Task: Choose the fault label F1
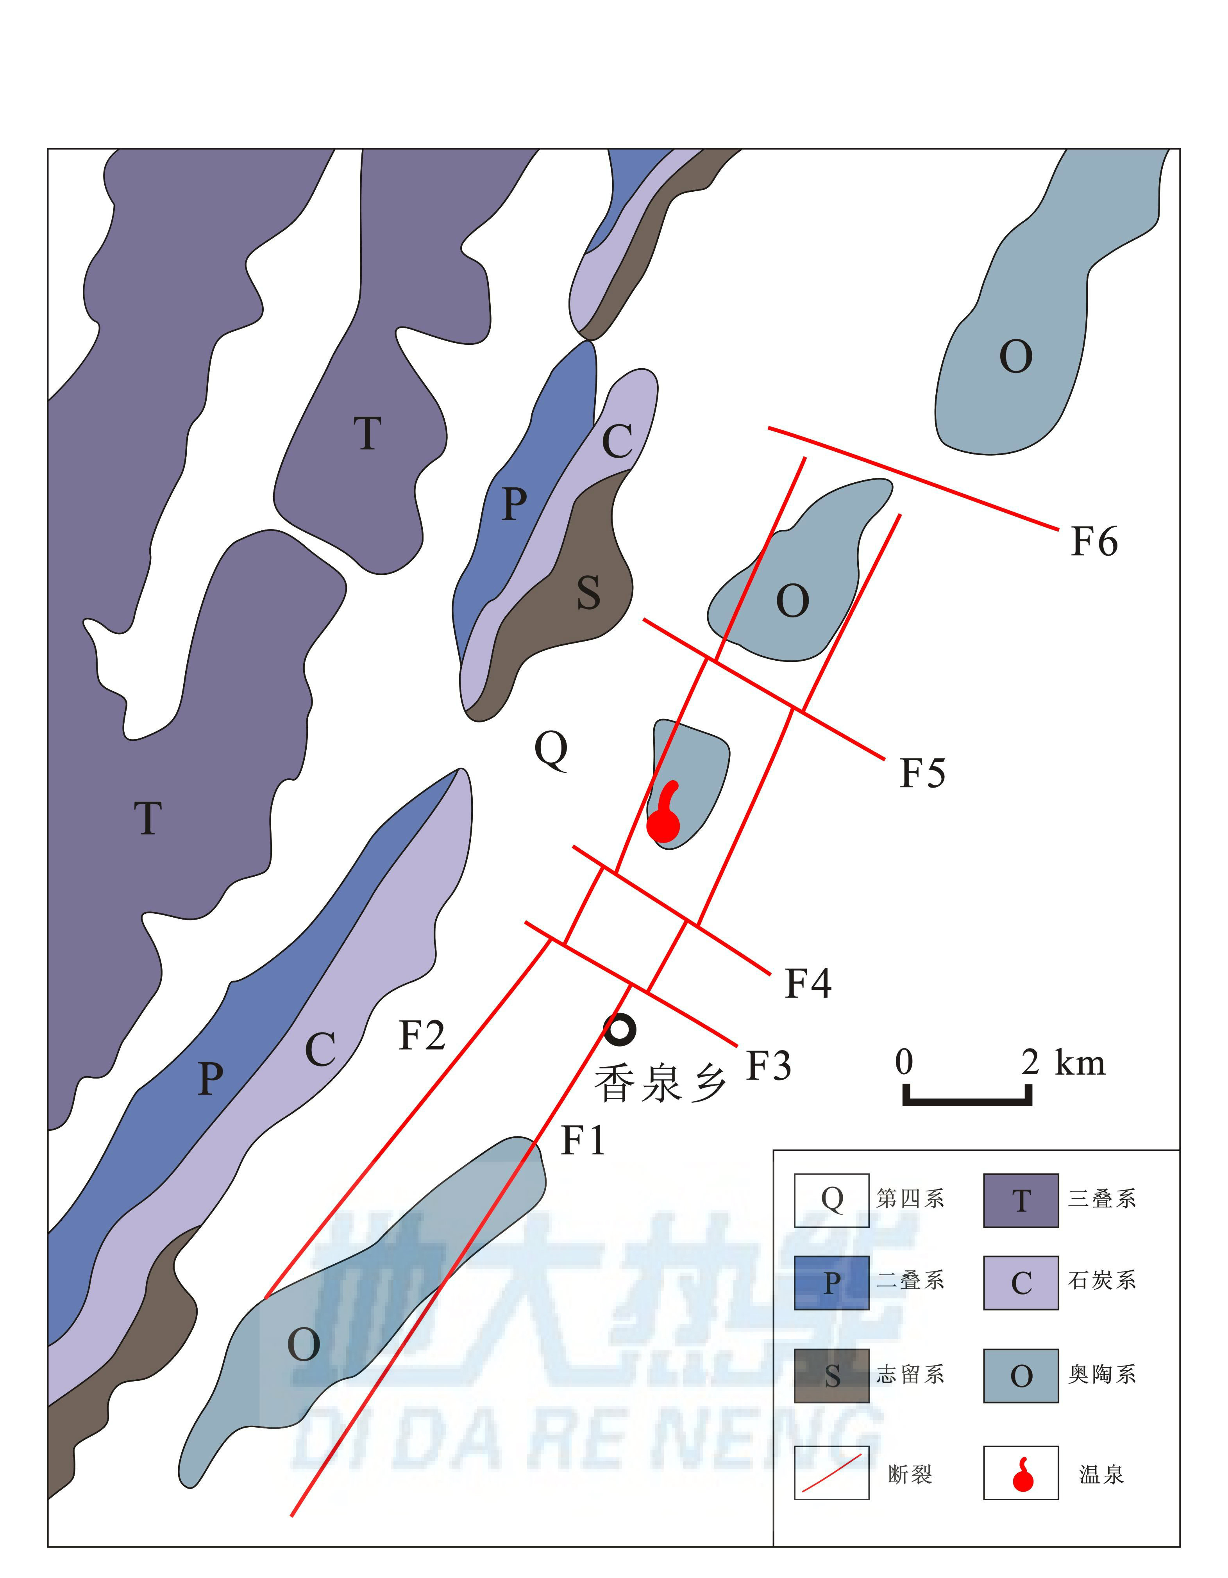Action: [583, 1141]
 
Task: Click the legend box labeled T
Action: [1021, 1201]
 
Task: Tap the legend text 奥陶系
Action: [1101, 1374]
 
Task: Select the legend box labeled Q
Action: [831, 1201]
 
